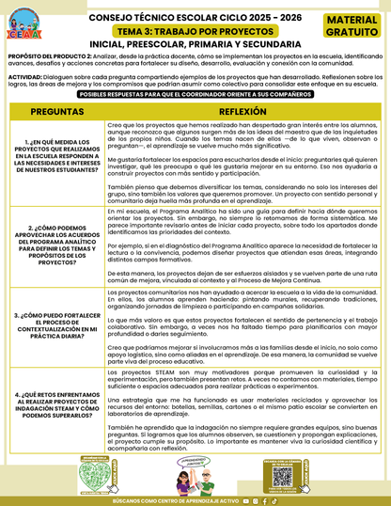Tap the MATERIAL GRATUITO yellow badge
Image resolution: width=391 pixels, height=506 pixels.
354,25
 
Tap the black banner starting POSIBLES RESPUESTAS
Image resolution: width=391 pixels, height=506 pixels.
195,96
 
